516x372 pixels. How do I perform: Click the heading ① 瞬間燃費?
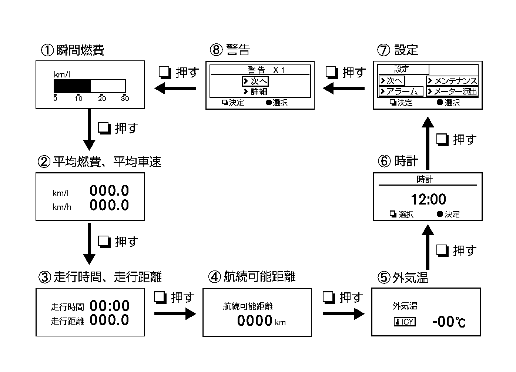[73, 50]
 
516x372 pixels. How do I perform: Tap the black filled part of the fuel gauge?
[72, 86]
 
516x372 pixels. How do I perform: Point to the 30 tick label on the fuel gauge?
[125, 99]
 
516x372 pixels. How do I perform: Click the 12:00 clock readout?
[428, 199]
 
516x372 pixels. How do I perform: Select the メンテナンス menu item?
[452, 81]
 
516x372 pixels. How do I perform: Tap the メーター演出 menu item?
[452, 92]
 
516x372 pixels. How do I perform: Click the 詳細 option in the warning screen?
[255, 92]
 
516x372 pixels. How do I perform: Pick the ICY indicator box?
[405, 322]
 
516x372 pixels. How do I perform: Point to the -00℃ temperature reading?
[448, 322]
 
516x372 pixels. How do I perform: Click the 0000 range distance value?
[255, 320]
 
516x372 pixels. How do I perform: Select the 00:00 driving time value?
[110, 306]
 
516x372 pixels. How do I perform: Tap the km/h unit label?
[62, 207]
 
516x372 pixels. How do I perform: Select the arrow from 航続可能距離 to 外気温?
[343, 314]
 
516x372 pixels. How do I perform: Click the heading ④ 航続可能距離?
[252, 276]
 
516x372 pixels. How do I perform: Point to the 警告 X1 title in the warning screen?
[266, 70]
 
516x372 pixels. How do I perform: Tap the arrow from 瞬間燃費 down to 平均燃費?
[89, 129]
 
